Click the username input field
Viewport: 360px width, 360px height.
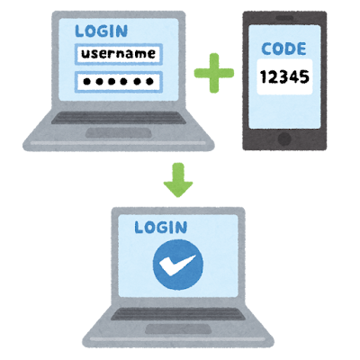[x=119, y=54]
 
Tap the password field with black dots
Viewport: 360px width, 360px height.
[x=119, y=81]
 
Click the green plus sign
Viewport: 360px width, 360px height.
[x=214, y=73]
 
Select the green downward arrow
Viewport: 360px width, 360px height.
[x=178, y=180]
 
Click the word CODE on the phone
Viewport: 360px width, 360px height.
[x=283, y=49]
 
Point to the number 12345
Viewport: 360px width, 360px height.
[x=284, y=76]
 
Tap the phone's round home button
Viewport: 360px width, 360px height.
[x=284, y=139]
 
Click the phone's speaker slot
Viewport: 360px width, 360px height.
[x=284, y=19]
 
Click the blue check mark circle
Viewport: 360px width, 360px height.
[x=178, y=265]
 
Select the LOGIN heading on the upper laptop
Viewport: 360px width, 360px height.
[x=102, y=31]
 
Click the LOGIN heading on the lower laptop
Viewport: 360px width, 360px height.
[x=161, y=228]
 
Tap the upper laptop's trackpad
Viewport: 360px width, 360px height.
[x=119, y=132]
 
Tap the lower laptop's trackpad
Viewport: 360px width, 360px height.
[x=178, y=328]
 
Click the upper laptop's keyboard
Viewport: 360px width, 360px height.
[x=119, y=118]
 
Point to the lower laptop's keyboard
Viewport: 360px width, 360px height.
[x=178, y=314]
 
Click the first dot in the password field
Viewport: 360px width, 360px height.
[x=87, y=81]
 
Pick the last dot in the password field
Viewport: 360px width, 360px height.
[x=149, y=81]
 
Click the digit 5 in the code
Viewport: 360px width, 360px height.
[x=304, y=76]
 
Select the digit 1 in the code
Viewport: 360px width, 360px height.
[x=264, y=76]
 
